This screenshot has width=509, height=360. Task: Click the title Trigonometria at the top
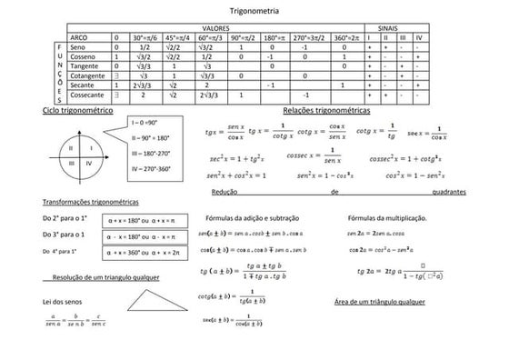click(255, 11)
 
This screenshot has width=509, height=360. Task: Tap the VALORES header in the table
click(215, 28)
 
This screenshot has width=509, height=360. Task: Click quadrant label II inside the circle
click(71, 145)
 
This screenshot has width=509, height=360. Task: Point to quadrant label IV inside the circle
click(88, 163)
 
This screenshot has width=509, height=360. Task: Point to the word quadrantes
click(450, 193)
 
